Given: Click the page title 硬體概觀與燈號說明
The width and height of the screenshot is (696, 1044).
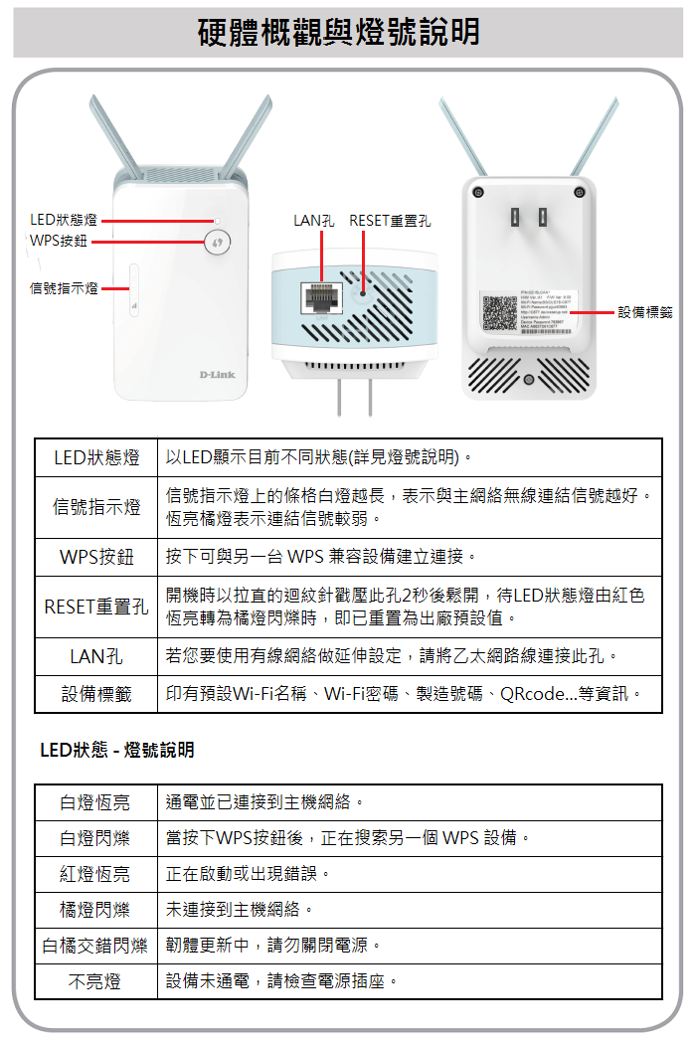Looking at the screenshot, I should [339, 32].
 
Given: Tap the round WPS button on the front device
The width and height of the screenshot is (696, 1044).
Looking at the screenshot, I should [217, 242].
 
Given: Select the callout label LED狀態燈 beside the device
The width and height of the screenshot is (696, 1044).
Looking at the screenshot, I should [64, 220].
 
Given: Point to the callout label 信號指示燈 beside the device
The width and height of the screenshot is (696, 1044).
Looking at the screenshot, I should [64, 288].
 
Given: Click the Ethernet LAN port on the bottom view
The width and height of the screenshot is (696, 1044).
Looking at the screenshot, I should [321, 296].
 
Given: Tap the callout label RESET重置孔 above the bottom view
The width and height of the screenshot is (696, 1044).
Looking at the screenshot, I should [390, 220].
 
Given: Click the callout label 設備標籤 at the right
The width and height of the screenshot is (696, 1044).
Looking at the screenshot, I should [644, 312].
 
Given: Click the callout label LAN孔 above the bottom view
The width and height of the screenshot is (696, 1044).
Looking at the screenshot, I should [313, 220].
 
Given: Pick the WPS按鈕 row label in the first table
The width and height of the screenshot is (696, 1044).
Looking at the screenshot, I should [96, 557].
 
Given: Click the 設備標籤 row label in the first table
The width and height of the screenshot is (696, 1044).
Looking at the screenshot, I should [96, 694].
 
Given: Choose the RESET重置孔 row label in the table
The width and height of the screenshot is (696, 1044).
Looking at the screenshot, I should [96, 607].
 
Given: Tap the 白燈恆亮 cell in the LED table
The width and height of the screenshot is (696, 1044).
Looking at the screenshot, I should [95, 802].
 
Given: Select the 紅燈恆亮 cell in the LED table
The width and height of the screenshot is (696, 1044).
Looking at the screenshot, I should [95, 874].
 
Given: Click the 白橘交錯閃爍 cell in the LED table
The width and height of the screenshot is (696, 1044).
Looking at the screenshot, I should [95, 946].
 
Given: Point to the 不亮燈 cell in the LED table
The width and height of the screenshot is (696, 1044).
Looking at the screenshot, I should [95, 981].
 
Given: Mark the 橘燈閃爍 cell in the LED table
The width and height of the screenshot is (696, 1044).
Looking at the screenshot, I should [95, 910].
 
